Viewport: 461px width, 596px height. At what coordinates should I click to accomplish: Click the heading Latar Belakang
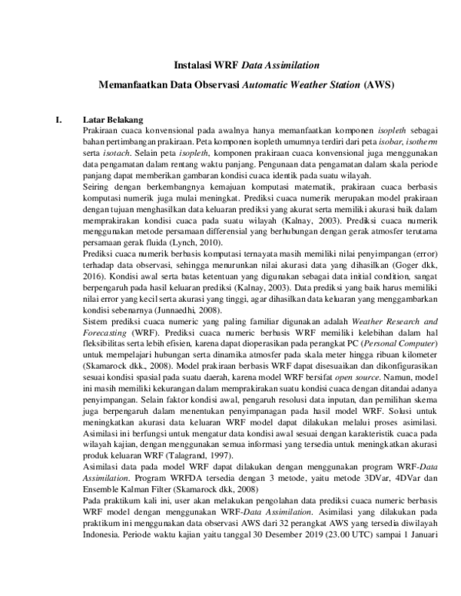pos(113,121)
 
